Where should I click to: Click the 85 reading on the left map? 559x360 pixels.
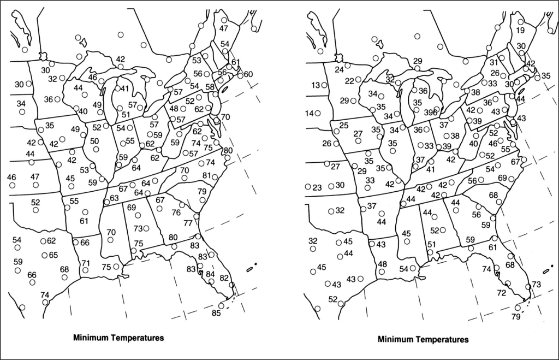point(217,313)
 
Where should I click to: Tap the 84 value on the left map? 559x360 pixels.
point(210,274)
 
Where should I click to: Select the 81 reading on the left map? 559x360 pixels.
point(207,175)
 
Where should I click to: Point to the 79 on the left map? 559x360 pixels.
point(202,192)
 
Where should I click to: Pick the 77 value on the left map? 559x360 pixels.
point(188,223)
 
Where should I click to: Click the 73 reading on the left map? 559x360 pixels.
point(138,228)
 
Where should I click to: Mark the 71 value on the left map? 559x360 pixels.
point(86,263)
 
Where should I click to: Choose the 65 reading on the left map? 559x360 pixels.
point(53,255)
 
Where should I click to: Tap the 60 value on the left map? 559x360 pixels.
point(248,74)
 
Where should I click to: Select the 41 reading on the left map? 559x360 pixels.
point(124,89)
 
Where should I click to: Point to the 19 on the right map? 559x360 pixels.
point(520,30)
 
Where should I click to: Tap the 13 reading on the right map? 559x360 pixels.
point(316,85)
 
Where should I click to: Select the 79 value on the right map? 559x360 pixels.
point(516,317)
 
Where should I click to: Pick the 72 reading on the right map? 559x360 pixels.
point(501,293)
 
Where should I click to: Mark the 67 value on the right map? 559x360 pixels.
point(515,162)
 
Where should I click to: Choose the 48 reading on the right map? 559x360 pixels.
point(383,264)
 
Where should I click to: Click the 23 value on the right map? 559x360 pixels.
point(317,187)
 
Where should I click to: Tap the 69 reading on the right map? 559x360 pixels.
point(503,178)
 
